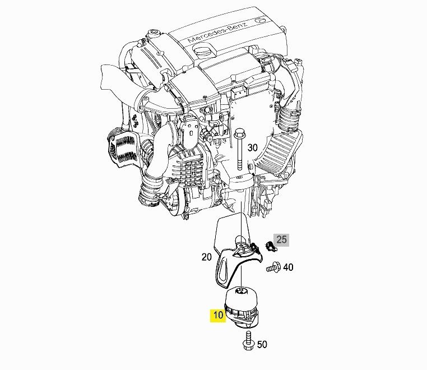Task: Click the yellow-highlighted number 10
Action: (x=218, y=315)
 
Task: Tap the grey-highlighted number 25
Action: (x=281, y=239)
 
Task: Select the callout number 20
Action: (x=206, y=257)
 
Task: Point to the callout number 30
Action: (x=252, y=147)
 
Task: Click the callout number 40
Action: (x=288, y=267)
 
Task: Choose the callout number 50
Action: (x=262, y=344)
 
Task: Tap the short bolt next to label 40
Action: (x=273, y=267)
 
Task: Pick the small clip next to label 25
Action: (x=270, y=246)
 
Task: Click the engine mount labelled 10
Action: (x=242, y=307)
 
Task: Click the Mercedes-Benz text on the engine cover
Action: (x=217, y=32)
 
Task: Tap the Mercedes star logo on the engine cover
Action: (x=261, y=20)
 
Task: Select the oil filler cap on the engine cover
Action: (x=204, y=51)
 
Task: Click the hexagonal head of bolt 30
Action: (x=239, y=133)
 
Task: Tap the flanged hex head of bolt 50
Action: (x=248, y=345)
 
